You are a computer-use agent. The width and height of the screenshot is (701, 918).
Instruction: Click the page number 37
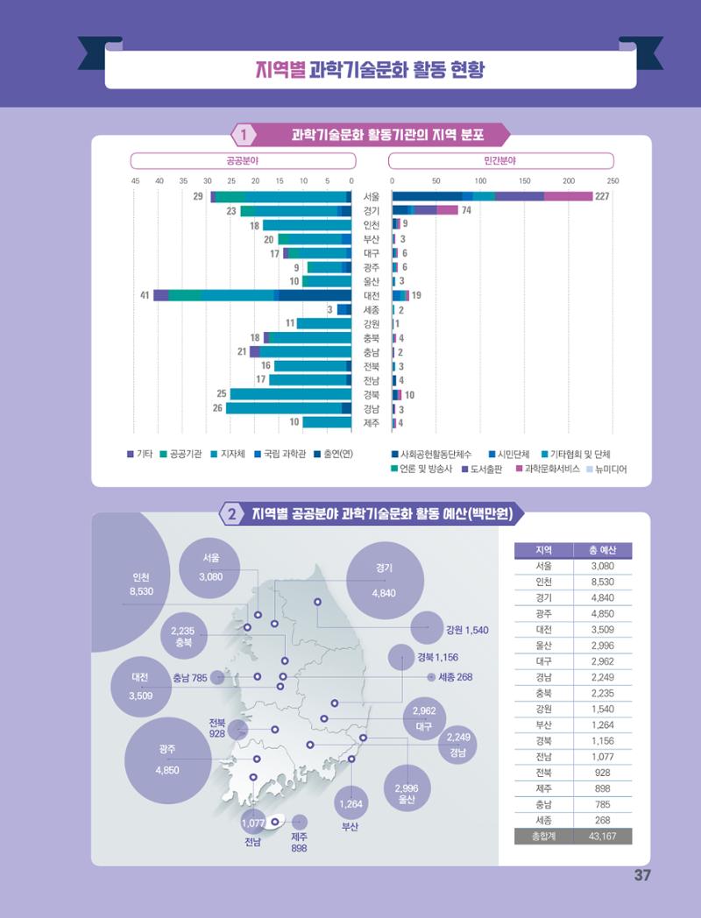click(641, 875)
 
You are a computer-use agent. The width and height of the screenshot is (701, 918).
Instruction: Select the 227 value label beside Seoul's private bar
click(602, 196)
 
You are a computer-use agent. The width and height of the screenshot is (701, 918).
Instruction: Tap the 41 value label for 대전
click(145, 295)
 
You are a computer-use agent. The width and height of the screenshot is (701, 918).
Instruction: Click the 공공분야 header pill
click(243, 160)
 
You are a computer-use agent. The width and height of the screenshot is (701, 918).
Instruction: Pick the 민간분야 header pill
click(500, 160)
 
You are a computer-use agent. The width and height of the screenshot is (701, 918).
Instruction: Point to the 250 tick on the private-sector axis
click(612, 181)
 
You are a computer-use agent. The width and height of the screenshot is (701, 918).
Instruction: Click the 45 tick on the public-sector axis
click(135, 181)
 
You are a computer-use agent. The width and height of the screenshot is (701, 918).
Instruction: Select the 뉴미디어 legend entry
click(606, 469)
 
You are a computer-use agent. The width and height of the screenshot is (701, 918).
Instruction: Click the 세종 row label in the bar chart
click(372, 310)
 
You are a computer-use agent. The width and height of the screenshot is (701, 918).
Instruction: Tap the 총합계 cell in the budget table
click(543, 836)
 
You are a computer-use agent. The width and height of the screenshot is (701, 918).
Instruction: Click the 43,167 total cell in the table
click(603, 836)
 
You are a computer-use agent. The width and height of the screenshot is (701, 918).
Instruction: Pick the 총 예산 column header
click(603, 550)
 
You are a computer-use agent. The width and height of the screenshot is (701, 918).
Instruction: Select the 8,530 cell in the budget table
click(603, 582)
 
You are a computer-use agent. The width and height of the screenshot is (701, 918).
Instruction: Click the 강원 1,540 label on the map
click(467, 630)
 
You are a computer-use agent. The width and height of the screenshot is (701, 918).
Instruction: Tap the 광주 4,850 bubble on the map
click(167, 760)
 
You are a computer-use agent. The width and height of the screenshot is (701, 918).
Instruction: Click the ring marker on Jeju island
click(274, 822)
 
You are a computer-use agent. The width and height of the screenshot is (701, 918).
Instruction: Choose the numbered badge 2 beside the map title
click(232, 514)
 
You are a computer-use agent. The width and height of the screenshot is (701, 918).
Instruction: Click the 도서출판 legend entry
click(481, 469)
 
